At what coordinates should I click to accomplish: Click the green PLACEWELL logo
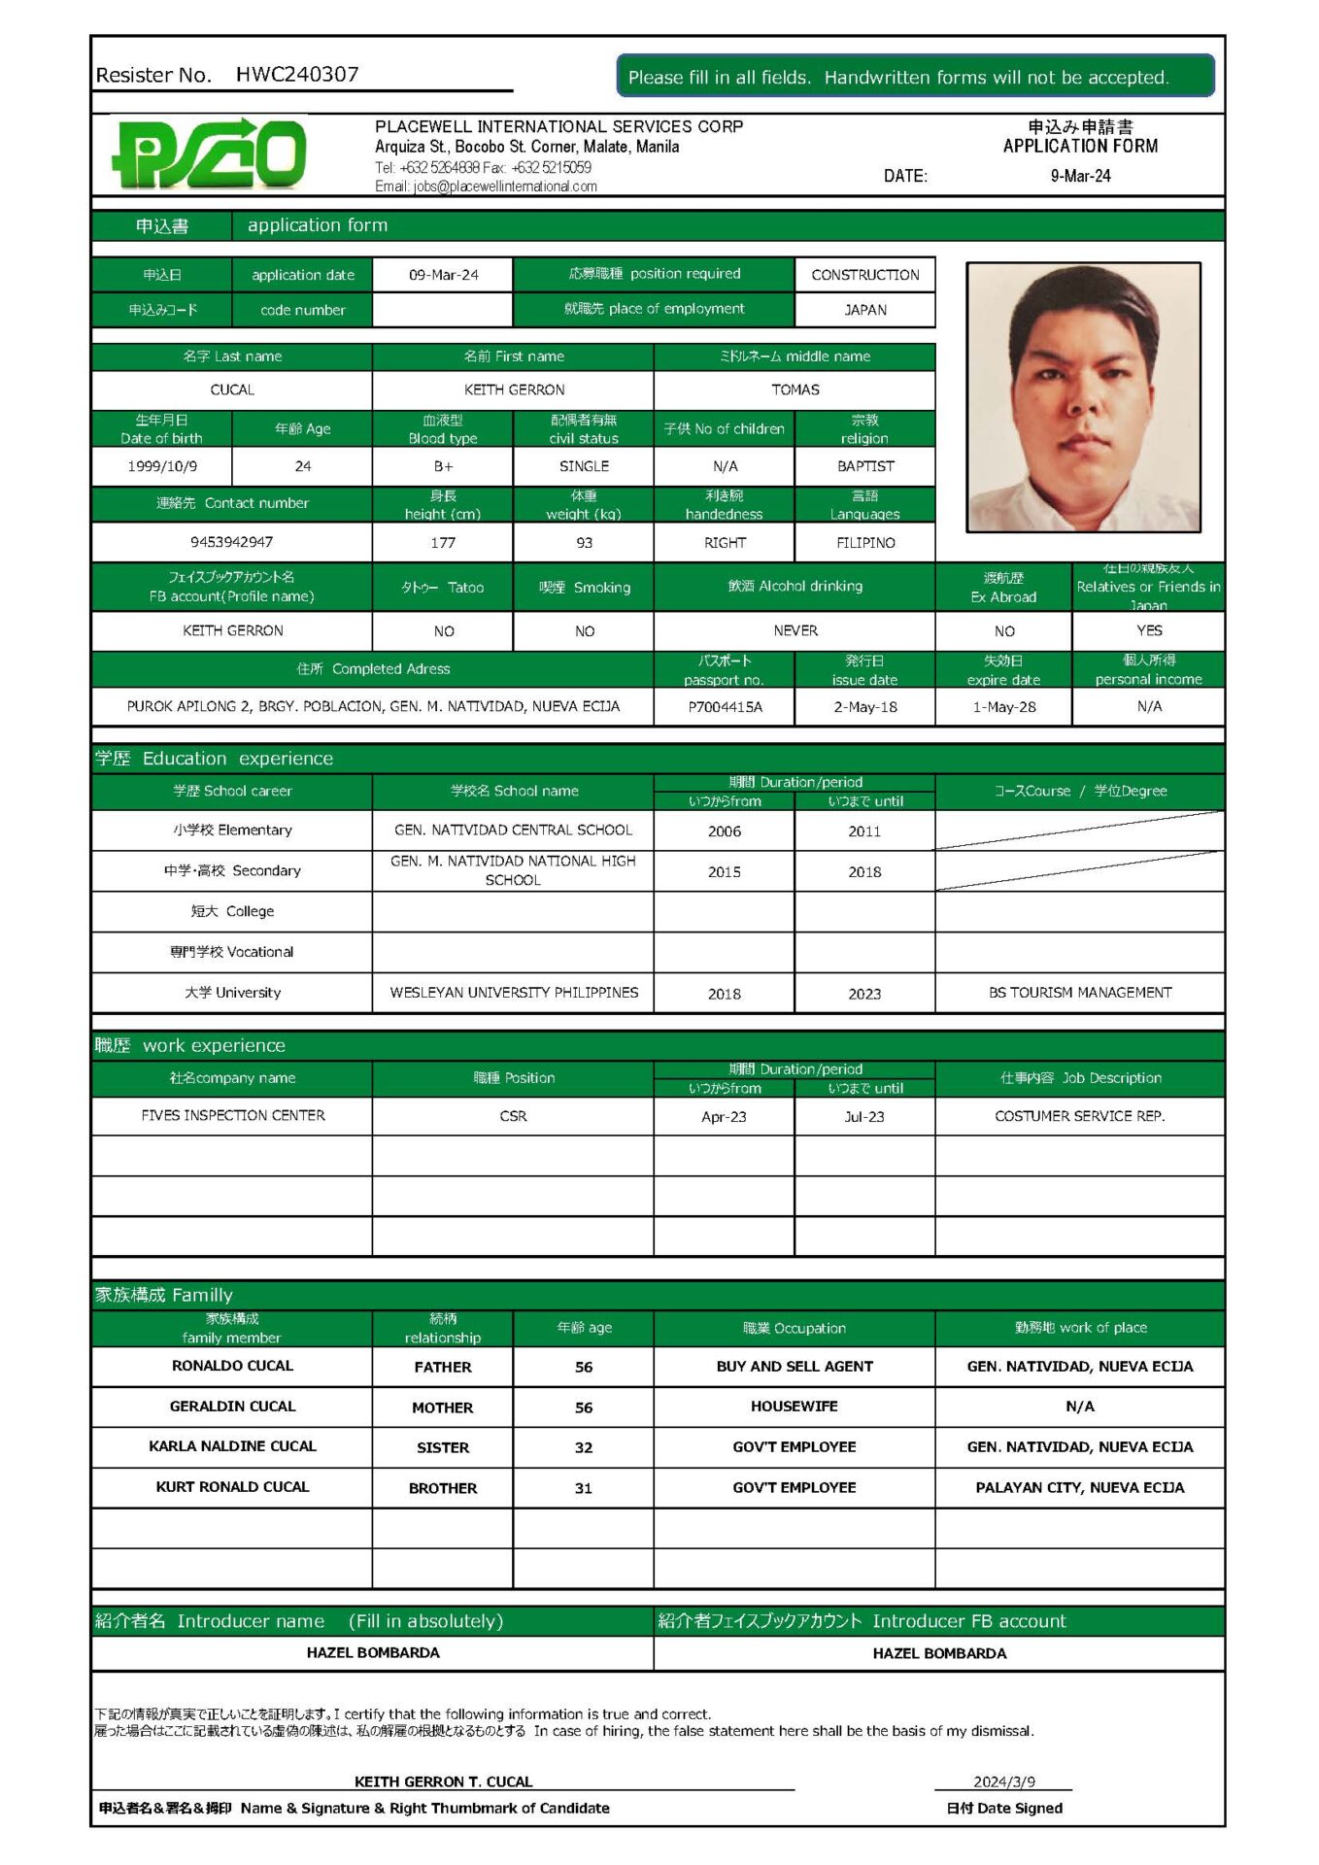click(210, 153)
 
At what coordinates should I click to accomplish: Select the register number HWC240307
click(297, 75)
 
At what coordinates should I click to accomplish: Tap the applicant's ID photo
click(1083, 397)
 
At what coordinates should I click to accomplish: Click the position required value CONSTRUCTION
click(864, 275)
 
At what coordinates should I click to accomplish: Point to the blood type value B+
click(443, 466)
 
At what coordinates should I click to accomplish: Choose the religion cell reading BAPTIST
click(864, 466)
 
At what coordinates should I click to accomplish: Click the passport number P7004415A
click(725, 707)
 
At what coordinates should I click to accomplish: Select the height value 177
click(443, 543)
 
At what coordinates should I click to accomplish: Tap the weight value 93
click(584, 543)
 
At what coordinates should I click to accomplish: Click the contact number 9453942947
click(232, 542)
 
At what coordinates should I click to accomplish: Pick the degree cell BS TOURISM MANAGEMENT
click(1079, 993)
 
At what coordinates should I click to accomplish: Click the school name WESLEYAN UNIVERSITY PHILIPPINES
click(514, 993)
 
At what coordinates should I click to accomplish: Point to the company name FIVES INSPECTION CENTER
click(233, 1116)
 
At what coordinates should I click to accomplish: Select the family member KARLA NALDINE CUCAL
click(233, 1446)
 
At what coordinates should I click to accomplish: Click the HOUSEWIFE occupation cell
click(794, 1407)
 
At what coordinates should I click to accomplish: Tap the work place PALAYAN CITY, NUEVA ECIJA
click(1079, 1487)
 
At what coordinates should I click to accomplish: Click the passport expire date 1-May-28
click(1003, 707)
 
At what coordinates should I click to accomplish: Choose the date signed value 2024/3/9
click(1003, 1781)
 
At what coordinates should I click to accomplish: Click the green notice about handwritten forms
click(915, 77)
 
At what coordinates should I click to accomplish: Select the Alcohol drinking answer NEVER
click(795, 631)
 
